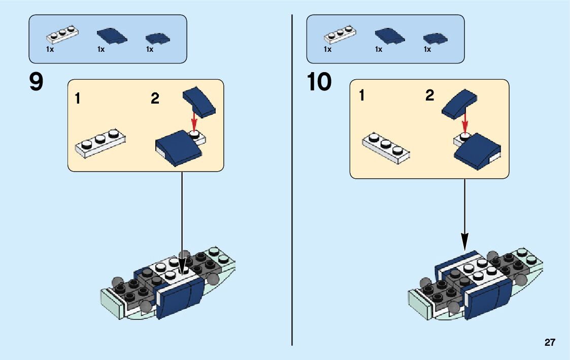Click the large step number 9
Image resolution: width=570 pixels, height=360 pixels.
36,82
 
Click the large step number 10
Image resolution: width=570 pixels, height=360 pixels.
319,82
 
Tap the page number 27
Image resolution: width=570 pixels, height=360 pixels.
550,343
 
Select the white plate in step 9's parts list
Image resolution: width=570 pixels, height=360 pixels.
62,35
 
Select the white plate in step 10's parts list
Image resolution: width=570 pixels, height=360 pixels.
340,35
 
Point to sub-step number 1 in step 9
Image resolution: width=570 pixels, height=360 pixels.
77,98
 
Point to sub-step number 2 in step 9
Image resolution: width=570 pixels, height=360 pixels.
155,98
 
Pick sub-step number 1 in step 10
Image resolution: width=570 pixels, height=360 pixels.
361,95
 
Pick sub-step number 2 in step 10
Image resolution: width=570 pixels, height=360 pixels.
430,95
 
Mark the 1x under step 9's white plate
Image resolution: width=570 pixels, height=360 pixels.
50,50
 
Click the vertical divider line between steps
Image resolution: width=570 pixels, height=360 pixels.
292,178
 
